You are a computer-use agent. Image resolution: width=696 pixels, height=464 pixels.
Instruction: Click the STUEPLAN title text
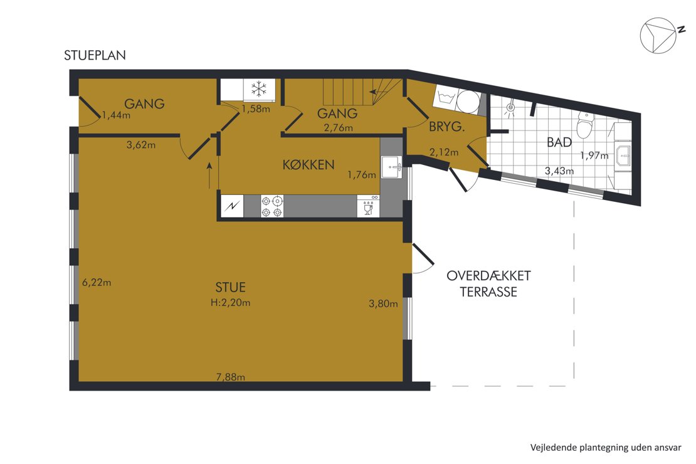(95, 55)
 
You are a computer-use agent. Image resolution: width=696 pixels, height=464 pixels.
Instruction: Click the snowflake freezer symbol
(258, 89)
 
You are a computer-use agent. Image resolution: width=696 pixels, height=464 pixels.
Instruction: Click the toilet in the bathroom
(584, 125)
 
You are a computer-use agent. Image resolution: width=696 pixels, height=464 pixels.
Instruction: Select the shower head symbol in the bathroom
(510, 107)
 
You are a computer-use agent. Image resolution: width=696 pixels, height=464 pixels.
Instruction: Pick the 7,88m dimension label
(230, 377)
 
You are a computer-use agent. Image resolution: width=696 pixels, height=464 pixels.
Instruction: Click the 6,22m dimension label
(97, 282)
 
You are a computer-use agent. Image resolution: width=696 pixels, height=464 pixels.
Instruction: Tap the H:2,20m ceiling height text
(230, 303)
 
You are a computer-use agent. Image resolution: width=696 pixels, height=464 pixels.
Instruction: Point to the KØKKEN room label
(308, 165)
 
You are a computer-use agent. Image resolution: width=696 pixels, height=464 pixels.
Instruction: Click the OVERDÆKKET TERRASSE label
(488, 283)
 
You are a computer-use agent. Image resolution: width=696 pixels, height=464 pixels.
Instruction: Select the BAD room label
(559, 142)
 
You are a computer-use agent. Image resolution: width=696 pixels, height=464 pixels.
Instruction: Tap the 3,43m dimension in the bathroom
(559, 171)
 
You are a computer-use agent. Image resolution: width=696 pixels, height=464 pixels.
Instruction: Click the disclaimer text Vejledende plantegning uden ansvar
(605, 448)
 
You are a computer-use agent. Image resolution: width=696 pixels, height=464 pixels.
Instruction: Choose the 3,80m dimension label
(383, 304)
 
